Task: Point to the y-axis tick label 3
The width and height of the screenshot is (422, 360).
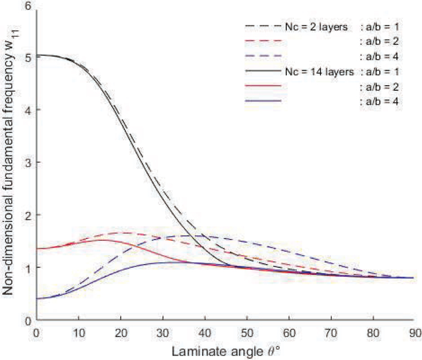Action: click(x=27, y=162)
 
